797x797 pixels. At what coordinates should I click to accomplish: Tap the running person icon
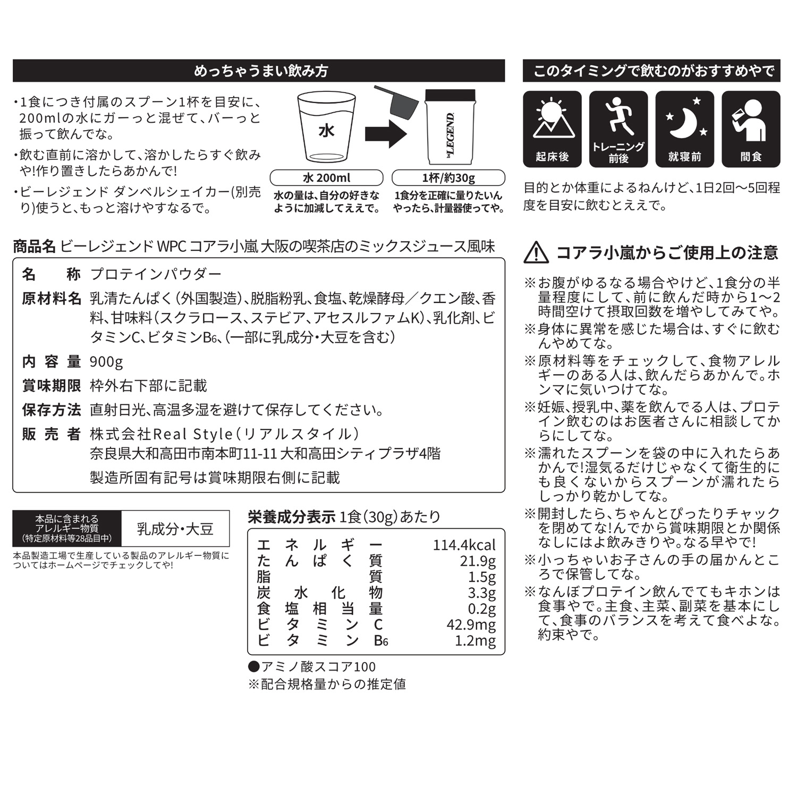pos(618,115)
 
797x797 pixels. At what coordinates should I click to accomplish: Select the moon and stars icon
pos(685,119)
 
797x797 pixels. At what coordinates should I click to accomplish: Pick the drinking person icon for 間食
pos(751,120)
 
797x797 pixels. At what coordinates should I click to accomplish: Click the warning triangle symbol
pos(536,252)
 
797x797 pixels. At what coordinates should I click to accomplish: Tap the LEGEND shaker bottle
pos(450,128)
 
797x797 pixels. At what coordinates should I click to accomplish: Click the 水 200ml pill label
pos(326,177)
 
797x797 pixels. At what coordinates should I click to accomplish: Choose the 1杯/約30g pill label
pos(448,177)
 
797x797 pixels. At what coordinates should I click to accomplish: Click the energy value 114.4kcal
pos(464,545)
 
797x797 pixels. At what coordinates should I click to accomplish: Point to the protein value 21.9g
pos(478,561)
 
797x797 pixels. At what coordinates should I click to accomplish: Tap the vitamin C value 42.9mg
pos(471,624)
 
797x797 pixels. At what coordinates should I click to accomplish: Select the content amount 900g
pos(106,362)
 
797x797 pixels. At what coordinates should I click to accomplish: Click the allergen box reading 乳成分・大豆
pos(175,529)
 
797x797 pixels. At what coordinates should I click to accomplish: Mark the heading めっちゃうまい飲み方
pos(260,71)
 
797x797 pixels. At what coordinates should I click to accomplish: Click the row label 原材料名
pos(52,299)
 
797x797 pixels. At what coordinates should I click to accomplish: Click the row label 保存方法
pos(52,410)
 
